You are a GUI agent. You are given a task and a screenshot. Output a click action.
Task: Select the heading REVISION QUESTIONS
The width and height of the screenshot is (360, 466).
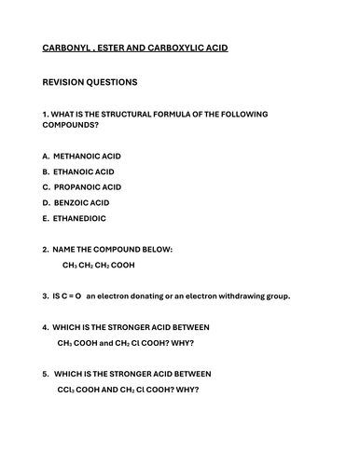(90, 82)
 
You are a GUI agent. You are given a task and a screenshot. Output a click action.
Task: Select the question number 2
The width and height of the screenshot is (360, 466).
(46, 249)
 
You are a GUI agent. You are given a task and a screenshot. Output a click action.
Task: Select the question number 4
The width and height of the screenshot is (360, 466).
(46, 327)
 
